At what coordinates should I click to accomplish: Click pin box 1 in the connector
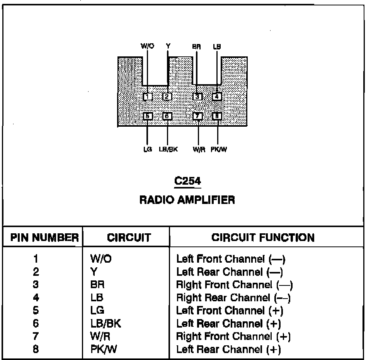(x=147, y=97)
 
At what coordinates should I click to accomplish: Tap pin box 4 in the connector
(x=217, y=97)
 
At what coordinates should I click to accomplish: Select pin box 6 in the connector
(x=167, y=116)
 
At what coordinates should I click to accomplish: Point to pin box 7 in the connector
(x=197, y=116)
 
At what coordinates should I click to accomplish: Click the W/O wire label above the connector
(x=147, y=46)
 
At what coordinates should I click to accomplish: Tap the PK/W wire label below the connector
(x=219, y=149)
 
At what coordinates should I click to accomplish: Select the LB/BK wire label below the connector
(x=168, y=149)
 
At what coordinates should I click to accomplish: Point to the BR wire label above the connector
(x=197, y=46)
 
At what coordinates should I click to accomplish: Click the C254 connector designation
(x=187, y=181)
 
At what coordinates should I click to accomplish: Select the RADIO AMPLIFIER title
(x=187, y=200)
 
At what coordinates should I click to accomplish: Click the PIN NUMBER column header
(x=44, y=238)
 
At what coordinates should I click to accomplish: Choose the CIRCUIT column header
(x=129, y=238)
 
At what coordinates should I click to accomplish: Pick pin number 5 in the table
(x=36, y=311)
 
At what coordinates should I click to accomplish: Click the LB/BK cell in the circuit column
(x=105, y=323)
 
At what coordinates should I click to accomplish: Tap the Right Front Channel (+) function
(x=233, y=336)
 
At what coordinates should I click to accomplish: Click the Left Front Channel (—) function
(x=231, y=258)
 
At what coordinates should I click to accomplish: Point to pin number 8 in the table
(x=36, y=350)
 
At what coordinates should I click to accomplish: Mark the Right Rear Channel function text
(x=233, y=298)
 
